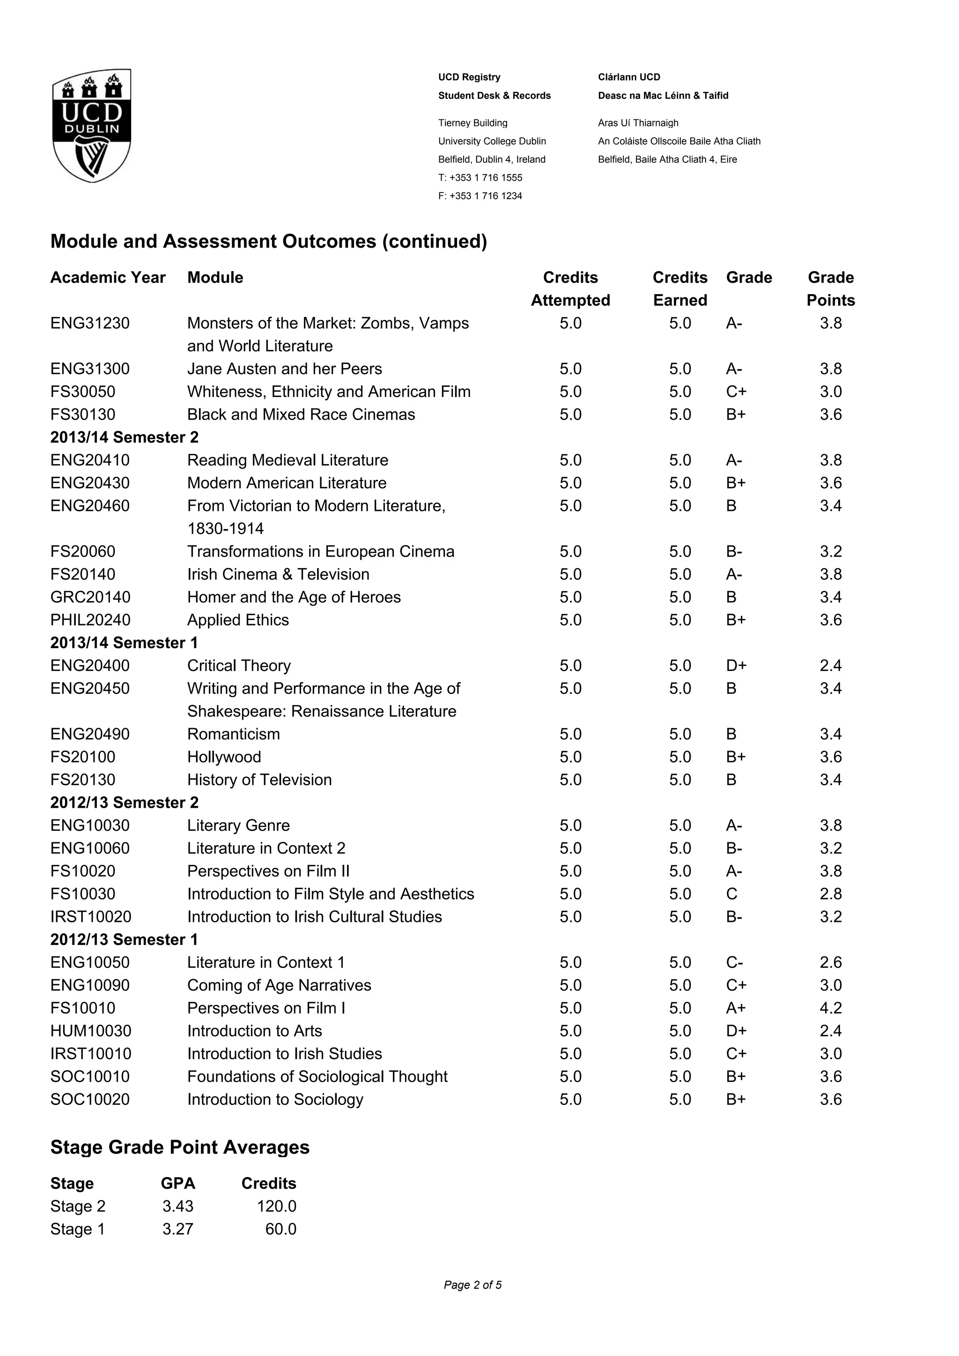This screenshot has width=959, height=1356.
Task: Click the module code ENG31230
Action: [90, 323]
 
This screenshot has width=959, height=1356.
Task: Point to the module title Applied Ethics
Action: [238, 619]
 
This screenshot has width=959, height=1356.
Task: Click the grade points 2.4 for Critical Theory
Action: [830, 666]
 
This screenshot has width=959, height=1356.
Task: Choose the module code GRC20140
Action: [90, 597]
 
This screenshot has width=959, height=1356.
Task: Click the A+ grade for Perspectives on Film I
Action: [736, 1008]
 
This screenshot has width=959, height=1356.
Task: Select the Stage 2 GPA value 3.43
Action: [178, 1206]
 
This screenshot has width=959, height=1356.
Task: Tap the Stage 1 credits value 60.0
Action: [280, 1229]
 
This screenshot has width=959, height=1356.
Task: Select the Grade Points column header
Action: [830, 289]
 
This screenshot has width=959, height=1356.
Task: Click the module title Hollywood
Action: [224, 757]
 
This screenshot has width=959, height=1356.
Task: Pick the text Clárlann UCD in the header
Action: [629, 77]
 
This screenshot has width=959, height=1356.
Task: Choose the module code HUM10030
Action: [91, 1031]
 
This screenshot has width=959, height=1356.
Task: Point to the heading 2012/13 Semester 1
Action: [124, 939]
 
